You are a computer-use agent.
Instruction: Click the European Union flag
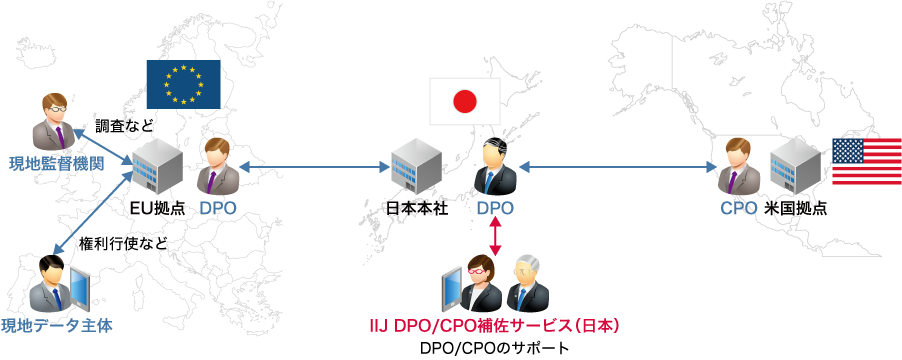pyautogui.click(x=183, y=83)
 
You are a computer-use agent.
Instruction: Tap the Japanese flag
pyautogui.click(x=464, y=101)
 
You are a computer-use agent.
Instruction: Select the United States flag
pyautogui.click(x=866, y=161)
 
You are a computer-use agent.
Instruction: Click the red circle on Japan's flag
pyautogui.click(x=464, y=101)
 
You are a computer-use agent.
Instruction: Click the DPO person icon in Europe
pyautogui.click(x=217, y=167)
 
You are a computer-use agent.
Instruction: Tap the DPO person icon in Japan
pyautogui.click(x=496, y=169)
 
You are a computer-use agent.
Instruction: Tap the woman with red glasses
pyautogui.click(x=478, y=283)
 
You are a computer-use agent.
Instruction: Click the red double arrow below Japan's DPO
pyautogui.click(x=495, y=236)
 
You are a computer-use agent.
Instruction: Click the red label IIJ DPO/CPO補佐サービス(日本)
pyautogui.click(x=494, y=326)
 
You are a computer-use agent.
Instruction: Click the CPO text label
pyautogui.click(x=738, y=209)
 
